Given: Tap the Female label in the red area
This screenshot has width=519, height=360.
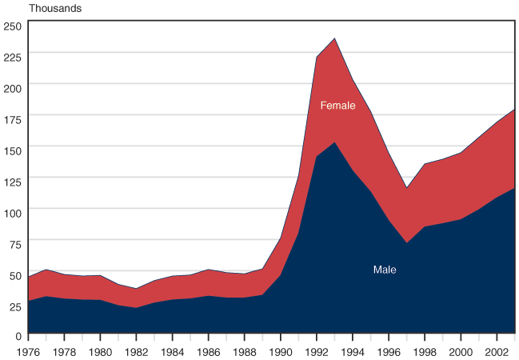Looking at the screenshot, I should pos(337,106).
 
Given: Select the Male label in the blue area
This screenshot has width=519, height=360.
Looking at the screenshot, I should pos(385,270).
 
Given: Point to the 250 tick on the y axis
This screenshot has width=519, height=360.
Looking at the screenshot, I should pos(12,26).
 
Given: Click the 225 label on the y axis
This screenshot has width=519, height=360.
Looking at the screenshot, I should pos(12,57).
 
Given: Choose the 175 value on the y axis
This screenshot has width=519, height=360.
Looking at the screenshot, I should pos(12,119).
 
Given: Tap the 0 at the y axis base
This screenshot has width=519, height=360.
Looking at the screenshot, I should pos(18,336).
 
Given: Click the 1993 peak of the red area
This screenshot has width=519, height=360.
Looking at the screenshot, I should pos(334,38).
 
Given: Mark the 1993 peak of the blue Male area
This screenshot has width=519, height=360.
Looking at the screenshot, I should pos(334,142).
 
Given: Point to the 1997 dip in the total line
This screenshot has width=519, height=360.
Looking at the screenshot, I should pos(406,189).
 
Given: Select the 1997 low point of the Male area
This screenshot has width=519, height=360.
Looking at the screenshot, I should pos(406,243).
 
